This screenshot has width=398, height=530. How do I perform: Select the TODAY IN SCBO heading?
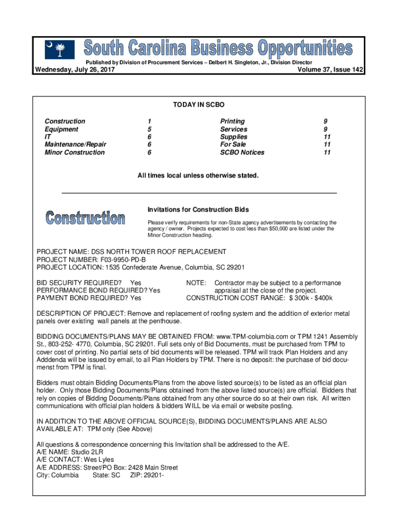[199, 105]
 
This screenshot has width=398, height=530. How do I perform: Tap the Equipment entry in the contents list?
[62, 129]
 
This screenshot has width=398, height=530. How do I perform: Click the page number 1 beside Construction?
[149, 122]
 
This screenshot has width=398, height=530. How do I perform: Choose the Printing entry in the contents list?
[233, 122]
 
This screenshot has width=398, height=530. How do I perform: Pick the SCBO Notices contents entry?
[242, 153]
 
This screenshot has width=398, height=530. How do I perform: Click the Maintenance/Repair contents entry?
[75, 145]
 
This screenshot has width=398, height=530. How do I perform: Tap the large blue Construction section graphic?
[85, 218]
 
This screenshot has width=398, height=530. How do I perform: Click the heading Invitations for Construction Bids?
[198, 210]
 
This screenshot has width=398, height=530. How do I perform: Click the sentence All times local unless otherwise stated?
[197, 176]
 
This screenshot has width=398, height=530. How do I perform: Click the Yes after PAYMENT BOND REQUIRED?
[136, 298]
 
